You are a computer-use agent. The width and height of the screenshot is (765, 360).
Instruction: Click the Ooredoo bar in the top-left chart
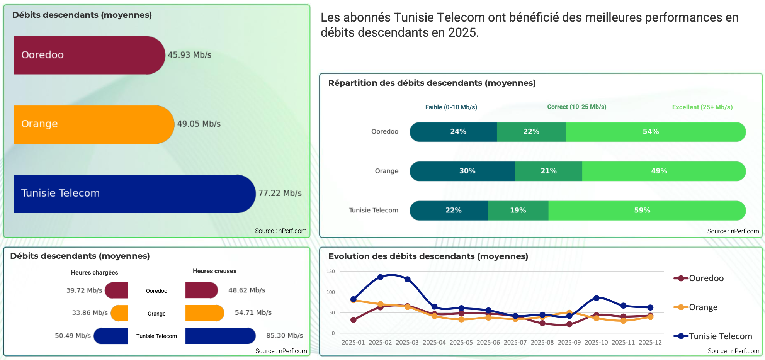89,55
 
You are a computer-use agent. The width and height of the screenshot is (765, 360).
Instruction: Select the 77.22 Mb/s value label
280,193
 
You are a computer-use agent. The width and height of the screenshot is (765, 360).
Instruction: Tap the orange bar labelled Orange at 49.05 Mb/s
93,124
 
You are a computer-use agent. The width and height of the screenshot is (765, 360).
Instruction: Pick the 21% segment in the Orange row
548,171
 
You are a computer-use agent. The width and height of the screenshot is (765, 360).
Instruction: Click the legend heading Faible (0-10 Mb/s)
451,107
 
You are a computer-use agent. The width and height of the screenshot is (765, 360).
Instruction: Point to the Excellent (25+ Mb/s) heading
702,107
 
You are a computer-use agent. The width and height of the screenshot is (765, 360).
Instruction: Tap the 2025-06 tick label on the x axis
488,343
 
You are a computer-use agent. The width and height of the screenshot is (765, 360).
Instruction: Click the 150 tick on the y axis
331,272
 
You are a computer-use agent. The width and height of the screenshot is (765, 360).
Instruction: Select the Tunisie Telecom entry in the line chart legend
720,336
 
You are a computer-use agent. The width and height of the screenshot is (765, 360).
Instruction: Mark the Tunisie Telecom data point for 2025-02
380,277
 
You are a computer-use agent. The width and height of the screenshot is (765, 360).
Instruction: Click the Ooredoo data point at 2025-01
353,320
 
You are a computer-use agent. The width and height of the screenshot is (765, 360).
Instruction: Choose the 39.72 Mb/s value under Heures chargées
84,290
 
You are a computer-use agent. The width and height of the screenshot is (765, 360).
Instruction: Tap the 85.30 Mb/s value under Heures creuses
284,336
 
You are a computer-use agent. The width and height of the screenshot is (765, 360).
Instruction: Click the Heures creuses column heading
214,271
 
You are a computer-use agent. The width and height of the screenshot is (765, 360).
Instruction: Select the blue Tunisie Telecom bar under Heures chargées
111,336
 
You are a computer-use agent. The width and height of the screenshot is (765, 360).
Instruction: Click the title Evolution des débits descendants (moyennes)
428,256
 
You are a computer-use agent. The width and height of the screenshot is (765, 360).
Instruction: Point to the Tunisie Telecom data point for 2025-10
596,298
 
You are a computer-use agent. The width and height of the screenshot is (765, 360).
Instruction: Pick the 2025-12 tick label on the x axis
650,343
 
